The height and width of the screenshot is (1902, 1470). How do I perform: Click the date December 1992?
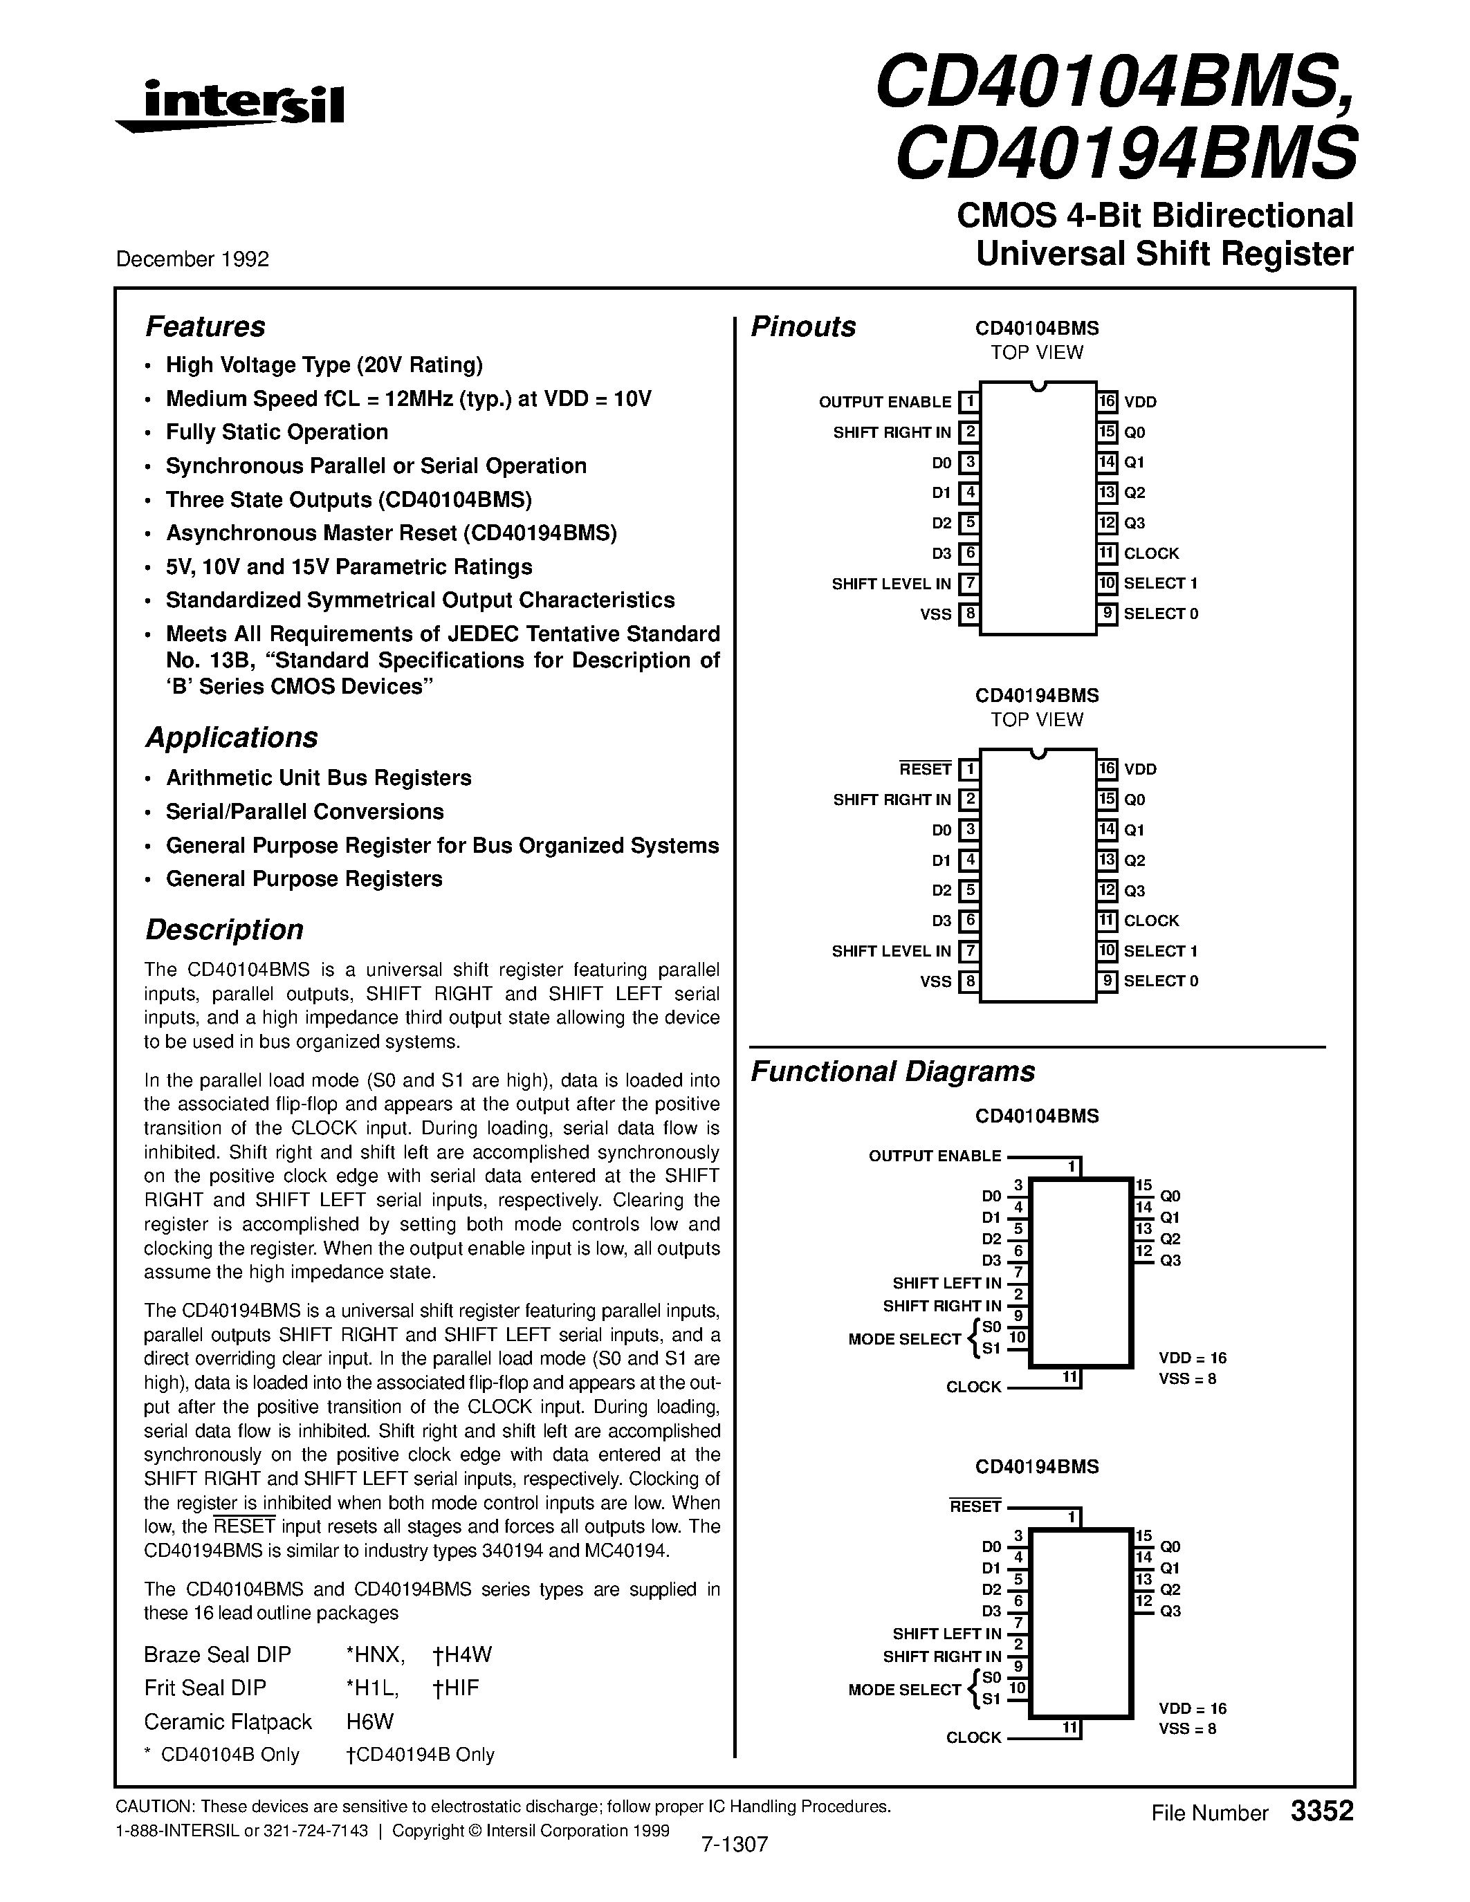(192, 259)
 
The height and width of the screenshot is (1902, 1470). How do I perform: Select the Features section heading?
(205, 326)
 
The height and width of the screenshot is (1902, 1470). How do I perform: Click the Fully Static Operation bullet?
(277, 433)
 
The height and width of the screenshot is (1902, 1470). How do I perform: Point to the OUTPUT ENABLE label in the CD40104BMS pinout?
(884, 403)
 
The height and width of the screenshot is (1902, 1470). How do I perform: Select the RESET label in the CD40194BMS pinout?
(925, 770)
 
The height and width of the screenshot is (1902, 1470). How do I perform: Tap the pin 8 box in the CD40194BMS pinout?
(968, 981)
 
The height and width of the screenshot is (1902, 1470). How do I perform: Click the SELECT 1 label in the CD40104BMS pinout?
(1160, 584)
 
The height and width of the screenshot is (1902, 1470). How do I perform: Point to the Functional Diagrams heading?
(892, 1071)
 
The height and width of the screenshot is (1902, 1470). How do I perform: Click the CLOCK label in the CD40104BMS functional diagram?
(973, 1387)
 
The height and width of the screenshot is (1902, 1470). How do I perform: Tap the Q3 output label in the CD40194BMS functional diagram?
(1170, 1611)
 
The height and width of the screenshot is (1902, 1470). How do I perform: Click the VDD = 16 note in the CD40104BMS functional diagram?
(1192, 1358)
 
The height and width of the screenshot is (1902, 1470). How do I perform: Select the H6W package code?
(370, 1721)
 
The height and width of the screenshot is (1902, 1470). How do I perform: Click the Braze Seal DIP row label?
(218, 1654)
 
